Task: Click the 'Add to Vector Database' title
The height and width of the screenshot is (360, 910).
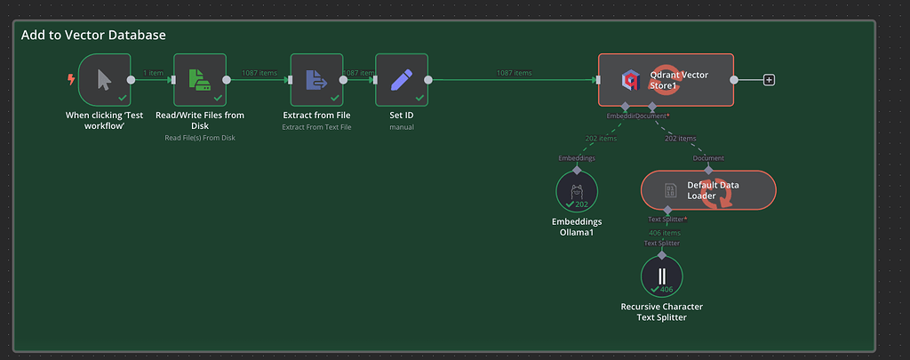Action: tap(93, 35)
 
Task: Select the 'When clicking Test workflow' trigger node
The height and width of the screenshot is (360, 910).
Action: tap(104, 79)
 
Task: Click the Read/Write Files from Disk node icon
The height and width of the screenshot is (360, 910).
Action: tap(199, 79)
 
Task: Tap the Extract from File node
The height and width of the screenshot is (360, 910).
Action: tap(316, 79)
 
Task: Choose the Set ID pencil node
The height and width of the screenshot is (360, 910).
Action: tap(402, 79)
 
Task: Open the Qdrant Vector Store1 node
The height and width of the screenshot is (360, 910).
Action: tap(666, 80)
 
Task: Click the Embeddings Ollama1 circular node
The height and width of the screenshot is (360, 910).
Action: tap(577, 191)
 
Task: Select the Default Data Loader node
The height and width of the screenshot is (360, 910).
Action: tap(708, 190)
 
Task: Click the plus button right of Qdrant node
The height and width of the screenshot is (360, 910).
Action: tap(770, 80)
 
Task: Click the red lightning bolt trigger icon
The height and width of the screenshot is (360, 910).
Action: tap(71, 79)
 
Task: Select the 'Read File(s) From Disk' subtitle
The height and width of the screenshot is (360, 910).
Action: tap(199, 138)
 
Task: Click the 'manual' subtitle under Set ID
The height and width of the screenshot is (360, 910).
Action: tap(402, 127)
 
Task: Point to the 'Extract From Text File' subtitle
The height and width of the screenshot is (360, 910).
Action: tap(316, 127)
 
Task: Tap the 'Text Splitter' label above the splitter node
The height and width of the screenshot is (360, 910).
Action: tap(662, 243)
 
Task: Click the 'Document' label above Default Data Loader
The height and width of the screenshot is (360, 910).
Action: tap(708, 158)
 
